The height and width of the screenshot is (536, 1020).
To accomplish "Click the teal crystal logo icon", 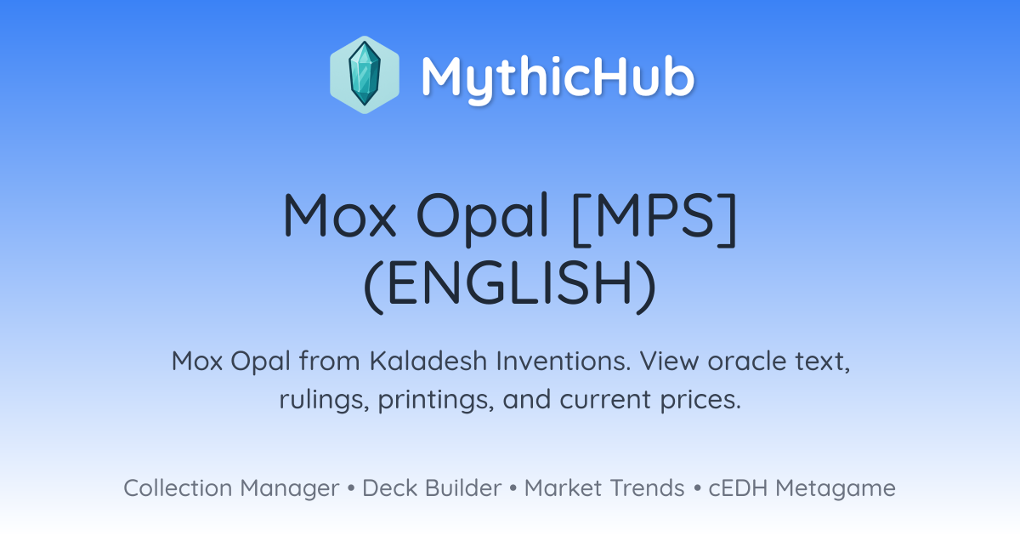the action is click(365, 75).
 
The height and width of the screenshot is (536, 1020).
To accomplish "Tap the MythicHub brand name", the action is click(558, 77).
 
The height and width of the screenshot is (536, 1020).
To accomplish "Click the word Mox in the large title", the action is click(339, 214).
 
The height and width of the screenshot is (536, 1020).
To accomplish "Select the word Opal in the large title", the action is click(482, 218).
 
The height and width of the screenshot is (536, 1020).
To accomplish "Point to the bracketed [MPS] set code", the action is click(654, 218).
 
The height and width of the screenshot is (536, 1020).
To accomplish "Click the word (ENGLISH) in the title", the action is click(510, 285).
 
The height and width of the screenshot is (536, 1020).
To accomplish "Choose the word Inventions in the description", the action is click(564, 361).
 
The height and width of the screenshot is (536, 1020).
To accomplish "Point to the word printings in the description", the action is click(436, 400).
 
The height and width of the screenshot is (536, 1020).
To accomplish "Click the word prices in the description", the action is click(700, 400).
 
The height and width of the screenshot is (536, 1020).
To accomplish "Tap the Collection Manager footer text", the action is click(232, 488).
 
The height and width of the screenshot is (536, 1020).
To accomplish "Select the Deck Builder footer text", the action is click(432, 488).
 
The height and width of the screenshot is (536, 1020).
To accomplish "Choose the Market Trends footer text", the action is click(604, 488).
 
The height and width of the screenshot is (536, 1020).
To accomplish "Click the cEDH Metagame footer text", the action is click(802, 488).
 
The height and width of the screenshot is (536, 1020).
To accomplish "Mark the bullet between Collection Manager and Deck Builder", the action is click(351, 488).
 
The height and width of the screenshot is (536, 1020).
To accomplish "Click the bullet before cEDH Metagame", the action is click(697, 488).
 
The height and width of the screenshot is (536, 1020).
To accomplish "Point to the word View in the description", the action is click(670, 361).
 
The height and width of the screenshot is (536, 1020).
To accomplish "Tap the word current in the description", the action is click(605, 400).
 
